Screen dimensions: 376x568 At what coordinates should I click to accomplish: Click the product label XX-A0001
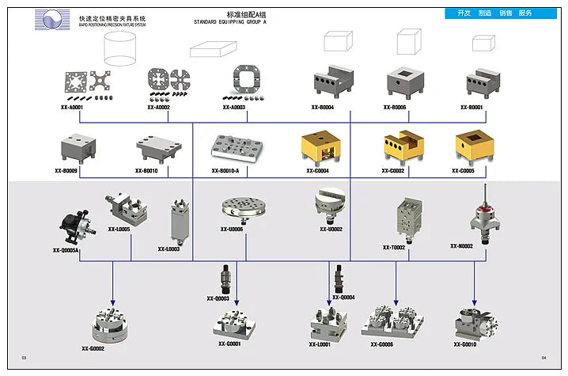(x=71, y=107)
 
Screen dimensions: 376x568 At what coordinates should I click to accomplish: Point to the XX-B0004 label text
(x=322, y=107)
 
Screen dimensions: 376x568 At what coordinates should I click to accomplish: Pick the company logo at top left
(x=51, y=21)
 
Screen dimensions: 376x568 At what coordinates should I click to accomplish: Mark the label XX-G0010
(x=465, y=344)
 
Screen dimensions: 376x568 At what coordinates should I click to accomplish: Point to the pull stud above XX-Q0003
(x=223, y=280)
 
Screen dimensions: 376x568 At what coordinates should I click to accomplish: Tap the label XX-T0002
(x=393, y=247)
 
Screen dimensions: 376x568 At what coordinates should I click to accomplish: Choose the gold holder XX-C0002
(x=403, y=146)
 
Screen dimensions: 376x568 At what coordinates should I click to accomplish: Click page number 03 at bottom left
(x=24, y=359)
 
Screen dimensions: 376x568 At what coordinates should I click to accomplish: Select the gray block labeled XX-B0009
(x=78, y=150)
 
